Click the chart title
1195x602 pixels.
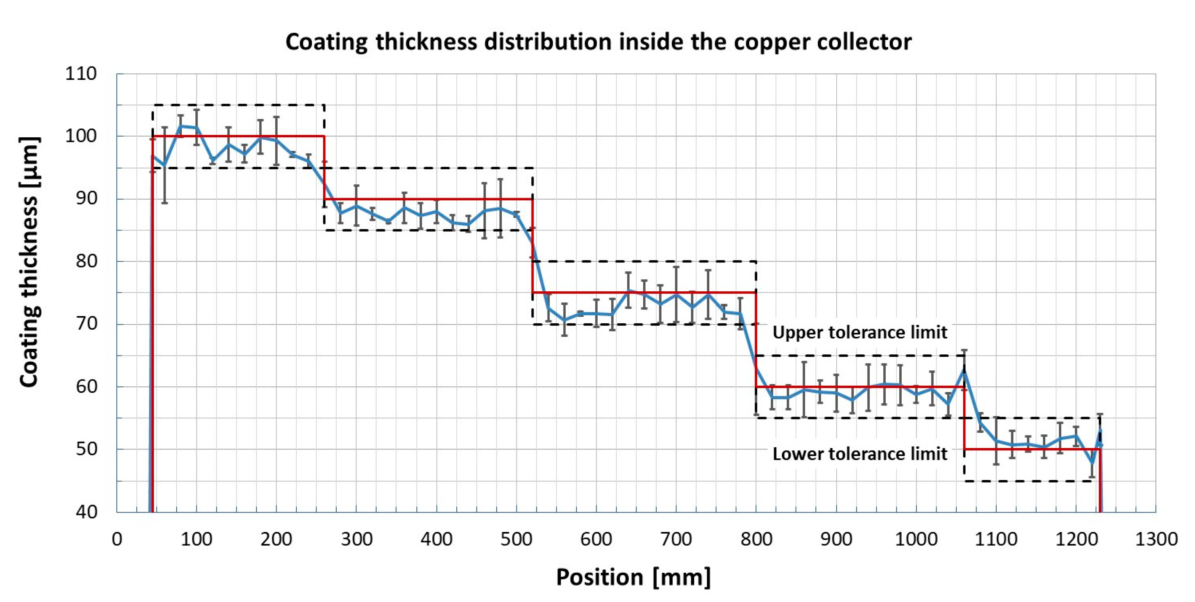[x=598, y=42]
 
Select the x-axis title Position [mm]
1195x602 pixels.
[x=633, y=577]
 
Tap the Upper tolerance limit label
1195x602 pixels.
[x=859, y=332]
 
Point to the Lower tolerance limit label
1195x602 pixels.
[x=859, y=453]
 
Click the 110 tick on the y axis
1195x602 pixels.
[x=81, y=74]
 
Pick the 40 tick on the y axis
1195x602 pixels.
[x=86, y=512]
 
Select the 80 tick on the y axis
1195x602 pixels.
[x=86, y=261]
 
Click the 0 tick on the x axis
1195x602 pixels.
[x=117, y=539]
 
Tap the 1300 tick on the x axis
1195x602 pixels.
[x=1155, y=539]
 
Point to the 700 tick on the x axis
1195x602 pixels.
[x=676, y=539]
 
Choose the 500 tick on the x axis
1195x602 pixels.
[x=516, y=539]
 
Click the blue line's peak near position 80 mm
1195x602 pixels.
[x=180, y=126]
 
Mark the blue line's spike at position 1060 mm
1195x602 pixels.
[x=964, y=370]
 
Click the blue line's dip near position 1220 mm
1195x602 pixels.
[x=1092, y=463]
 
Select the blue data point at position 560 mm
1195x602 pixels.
[x=564, y=320]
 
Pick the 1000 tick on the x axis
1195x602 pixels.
[x=916, y=539]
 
